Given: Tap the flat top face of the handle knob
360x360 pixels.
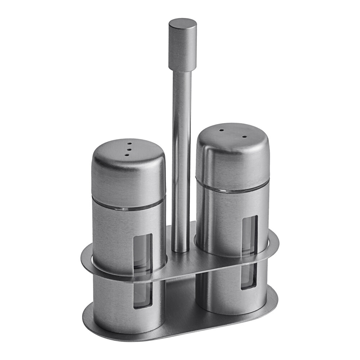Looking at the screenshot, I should [183, 23].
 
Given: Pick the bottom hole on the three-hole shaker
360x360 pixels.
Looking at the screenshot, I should [127, 155].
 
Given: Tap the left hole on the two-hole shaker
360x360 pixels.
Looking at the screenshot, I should [221, 130].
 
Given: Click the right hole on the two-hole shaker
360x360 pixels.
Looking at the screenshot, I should [245, 137].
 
